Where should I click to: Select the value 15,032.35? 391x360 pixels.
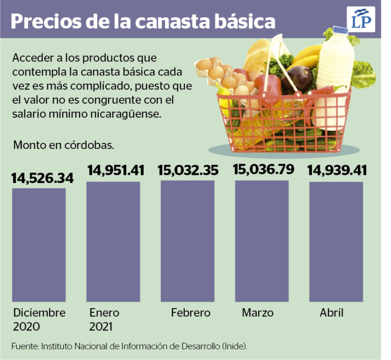coord(188,170)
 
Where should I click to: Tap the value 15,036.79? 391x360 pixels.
coord(263,169)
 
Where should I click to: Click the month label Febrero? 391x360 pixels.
coord(190,312)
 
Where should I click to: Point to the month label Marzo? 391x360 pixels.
coord(258,312)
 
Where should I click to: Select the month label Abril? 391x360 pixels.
coord(331,312)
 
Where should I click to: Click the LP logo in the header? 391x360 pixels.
coord(362,20)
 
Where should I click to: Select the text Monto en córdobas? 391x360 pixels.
coord(64,145)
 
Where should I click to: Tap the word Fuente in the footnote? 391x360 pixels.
coord(24,346)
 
